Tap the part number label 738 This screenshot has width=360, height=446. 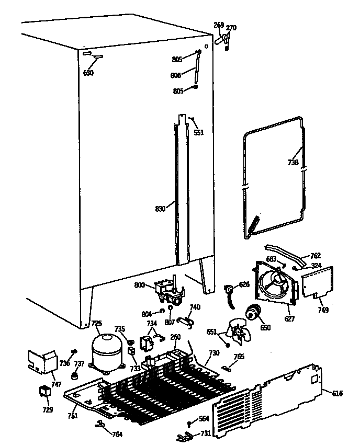(x=293, y=163)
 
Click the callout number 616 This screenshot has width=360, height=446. (x=337, y=393)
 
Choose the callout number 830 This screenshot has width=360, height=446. (x=160, y=209)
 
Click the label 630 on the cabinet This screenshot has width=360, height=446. (x=88, y=73)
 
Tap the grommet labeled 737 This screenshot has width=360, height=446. (x=76, y=375)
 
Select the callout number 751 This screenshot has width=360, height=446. (x=72, y=416)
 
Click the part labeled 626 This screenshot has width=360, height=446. (x=229, y=290)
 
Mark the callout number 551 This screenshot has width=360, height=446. (x=199, y=132)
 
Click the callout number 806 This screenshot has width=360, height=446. (x=176, y=75)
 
